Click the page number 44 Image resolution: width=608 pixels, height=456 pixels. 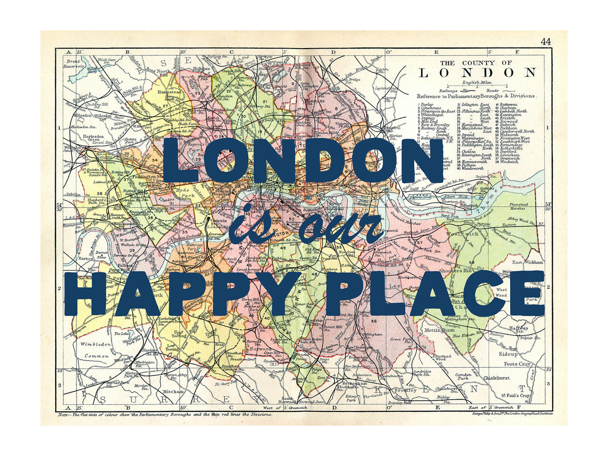coord(545,42)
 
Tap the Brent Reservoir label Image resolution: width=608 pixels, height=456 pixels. coord(74,64)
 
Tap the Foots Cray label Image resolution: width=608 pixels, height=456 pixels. coord(516,364)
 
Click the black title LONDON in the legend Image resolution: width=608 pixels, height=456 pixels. coord(477,72)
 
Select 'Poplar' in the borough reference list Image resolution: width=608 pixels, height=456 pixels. coord(427,104)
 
